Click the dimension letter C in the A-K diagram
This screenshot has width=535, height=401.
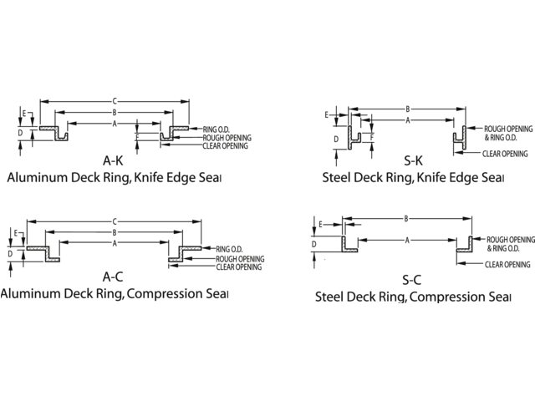click(114, 101)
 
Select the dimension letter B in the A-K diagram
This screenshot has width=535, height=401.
click(113, 112)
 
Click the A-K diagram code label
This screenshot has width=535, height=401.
click(114, 160)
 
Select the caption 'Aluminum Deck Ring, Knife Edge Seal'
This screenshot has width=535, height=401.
click(114, 178)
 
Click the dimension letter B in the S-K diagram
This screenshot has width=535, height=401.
click(407, 109)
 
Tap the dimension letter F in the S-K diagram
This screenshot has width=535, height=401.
click(371, 136)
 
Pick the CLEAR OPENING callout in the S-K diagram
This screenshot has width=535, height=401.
click(505, 154)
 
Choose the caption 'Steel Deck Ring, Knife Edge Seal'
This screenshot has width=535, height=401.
click(413, 178)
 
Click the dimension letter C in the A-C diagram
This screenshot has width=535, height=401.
click(114, 221)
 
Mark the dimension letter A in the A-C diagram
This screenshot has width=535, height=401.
click(114, 243)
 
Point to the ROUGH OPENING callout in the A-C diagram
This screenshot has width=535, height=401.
click(240, 259)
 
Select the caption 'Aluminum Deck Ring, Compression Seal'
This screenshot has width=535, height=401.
click(114, 293)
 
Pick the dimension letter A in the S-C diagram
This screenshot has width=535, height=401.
click(406, 241)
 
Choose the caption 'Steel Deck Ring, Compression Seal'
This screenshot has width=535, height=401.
click(413, 297)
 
